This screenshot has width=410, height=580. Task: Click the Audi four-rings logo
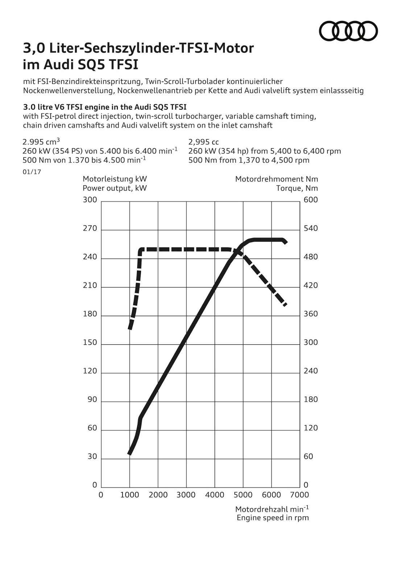[348, 31]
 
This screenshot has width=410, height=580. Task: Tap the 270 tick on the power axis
[90, 228]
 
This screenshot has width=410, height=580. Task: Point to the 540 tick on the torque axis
[311, 228]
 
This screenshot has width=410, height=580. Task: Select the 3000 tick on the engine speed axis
[186, 495]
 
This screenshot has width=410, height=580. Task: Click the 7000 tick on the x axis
[300, 495]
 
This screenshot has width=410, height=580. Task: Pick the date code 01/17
[32, 172]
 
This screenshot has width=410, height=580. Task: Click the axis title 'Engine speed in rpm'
[273, 518]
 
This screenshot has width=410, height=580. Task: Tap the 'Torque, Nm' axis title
[297, 188]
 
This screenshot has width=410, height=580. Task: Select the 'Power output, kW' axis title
[115, 188]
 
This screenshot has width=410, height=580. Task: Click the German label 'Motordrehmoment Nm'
[277, 179]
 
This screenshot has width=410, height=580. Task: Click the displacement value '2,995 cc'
[204, 142]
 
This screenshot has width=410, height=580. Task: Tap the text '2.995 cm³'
[41, 142]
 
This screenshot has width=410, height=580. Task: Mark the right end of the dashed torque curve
[285, 305]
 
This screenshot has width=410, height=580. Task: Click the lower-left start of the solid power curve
[129, 453]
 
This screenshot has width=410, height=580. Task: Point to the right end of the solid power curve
[286, 242]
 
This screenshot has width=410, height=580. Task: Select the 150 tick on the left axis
[90, 343]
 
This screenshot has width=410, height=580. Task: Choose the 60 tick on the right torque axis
[308, 456]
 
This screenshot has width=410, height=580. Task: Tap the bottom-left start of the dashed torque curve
[130, 328]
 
